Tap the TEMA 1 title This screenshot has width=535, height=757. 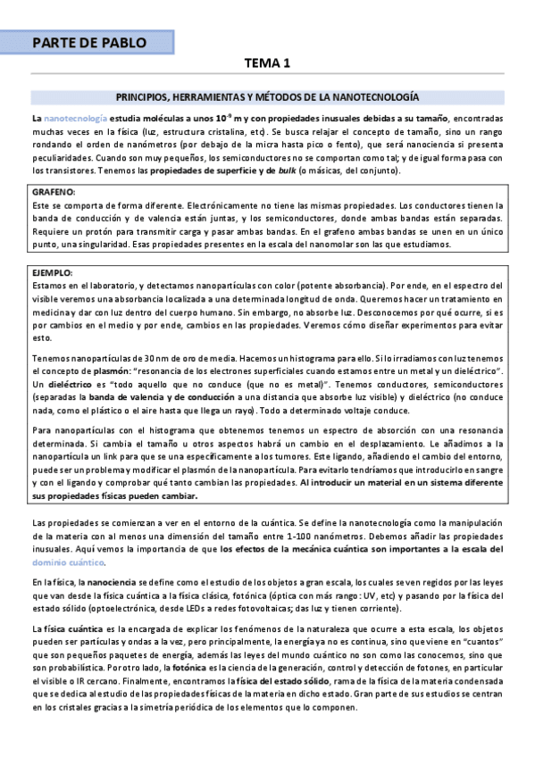[269, 63]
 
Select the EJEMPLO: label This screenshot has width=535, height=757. [55, 271]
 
